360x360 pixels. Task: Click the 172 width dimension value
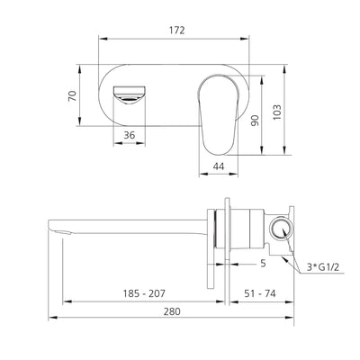click(176, 30)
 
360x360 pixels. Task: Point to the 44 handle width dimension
click(218, 166)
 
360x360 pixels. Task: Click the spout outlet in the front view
click(128, 94)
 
